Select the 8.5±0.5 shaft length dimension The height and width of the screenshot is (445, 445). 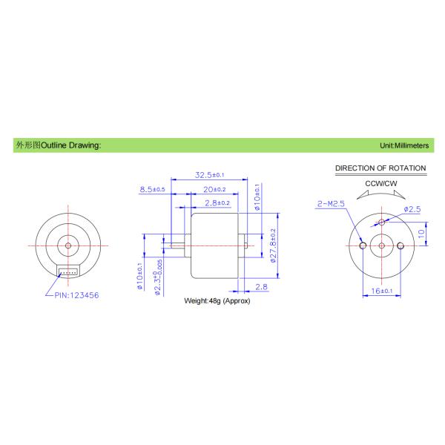point(151,190)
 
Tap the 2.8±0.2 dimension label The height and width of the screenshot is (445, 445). point(217,202)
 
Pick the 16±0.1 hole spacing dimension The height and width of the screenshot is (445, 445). point(381,291)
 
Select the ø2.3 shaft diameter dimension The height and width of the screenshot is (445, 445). point(158,278)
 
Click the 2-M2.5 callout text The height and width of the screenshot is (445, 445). point(329,202)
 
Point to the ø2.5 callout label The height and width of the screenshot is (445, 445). point(412,210)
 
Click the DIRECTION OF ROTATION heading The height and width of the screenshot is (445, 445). point(380,168)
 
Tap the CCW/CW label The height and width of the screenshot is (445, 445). point(380,183)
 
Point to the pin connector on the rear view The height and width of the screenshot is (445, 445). point(68,271)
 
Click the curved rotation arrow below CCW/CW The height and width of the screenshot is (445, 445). point(380,194)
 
